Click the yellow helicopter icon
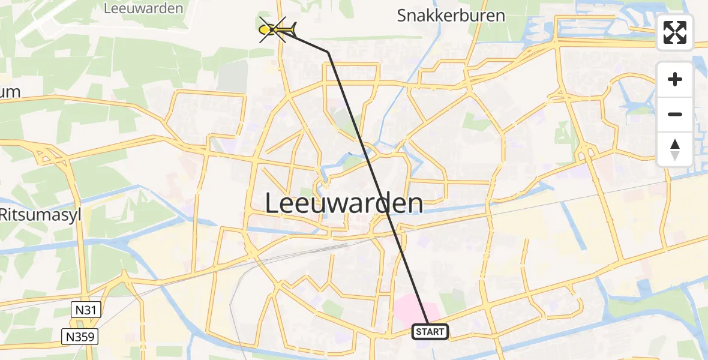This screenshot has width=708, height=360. coord(275,29)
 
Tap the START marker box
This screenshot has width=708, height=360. coord(430,331)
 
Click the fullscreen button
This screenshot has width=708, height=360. coord(675,32)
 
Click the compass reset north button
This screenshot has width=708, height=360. coord(675,149)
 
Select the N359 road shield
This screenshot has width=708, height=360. coord(79,337)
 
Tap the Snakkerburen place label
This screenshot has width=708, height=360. coord(451,16)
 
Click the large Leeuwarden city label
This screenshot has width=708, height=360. coord(344,204)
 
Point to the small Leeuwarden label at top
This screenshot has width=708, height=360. coord(143,8)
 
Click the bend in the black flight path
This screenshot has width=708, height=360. coord(328,53)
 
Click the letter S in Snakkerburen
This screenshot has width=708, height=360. coord(402,16)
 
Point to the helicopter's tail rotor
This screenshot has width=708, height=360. coord(293,27)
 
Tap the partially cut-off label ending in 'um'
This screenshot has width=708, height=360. coord(10,92)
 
